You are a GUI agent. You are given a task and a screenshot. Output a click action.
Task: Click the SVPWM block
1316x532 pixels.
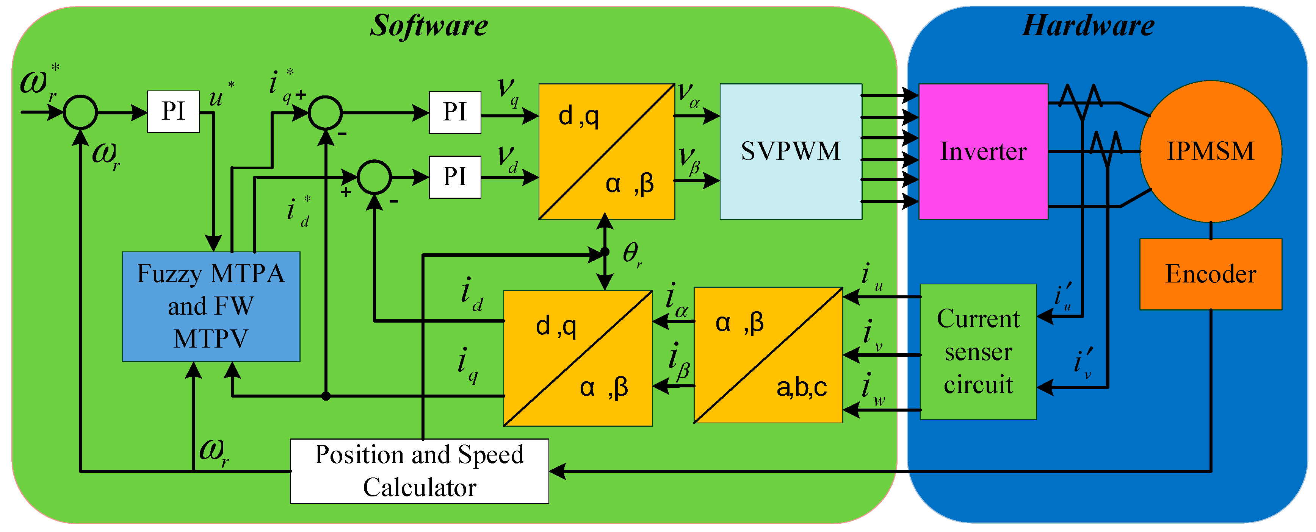coord(791,151)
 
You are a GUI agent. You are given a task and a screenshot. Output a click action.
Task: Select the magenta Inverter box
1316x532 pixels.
coord(984,151)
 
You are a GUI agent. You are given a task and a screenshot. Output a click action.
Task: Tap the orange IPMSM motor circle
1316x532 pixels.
coord(1211,151)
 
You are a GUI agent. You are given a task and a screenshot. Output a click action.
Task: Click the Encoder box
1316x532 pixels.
coord(1211,274)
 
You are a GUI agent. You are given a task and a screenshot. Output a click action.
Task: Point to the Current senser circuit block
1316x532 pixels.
coord(978,352)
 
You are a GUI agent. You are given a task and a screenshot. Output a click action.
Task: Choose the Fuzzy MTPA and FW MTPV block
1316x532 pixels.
coord(211,306)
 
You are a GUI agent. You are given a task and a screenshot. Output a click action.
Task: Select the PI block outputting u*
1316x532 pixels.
coord(173,112)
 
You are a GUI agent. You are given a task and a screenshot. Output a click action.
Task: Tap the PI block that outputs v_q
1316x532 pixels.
coord(455,112)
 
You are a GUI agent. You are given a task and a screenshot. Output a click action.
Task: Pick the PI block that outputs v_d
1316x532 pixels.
coord(455,177)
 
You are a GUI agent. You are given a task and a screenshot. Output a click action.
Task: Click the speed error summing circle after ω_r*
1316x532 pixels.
coord(80,112)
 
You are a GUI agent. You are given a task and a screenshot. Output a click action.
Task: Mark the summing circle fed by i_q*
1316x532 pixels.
coord(326,112)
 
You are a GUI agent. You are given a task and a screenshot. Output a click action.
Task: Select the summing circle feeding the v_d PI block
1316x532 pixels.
coord(374,177)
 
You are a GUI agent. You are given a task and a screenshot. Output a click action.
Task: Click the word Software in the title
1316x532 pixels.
coord(429,25)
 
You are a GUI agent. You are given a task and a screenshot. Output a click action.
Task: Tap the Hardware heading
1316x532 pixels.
coord(1088,25)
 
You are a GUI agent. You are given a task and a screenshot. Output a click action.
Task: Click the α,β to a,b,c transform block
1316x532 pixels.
coord(768,355)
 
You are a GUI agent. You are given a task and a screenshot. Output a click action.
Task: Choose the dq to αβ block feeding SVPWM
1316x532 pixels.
coord(607,151)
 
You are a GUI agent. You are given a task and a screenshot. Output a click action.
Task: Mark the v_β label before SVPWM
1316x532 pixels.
coord(690,161)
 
